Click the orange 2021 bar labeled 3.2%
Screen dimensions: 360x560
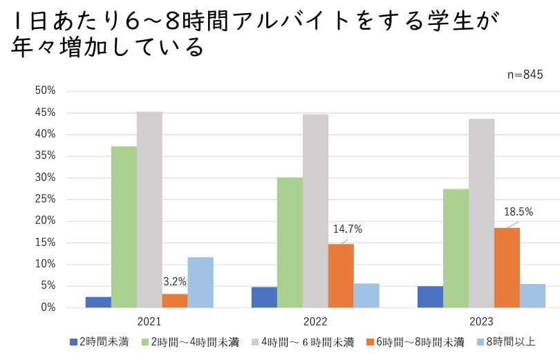(175, 301)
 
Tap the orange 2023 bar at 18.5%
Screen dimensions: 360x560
(507, 267)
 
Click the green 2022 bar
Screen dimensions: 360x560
(290, 242)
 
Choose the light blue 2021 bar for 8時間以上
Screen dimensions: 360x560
(200, 282)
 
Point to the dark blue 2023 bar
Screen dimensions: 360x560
(430, 296)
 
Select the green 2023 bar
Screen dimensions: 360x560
(456, 248)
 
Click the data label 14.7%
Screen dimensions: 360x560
(348, 229)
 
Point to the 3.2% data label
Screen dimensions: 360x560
(174, 282)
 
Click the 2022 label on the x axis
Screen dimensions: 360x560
(315, 321)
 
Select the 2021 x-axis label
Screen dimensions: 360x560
(149, 321)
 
